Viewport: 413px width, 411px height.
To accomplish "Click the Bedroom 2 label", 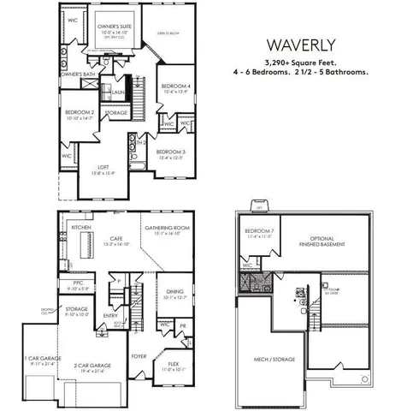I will tap(80, 113).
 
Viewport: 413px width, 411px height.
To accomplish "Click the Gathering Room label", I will tap(167, 228).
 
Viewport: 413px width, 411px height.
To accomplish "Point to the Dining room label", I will tap(174, 294).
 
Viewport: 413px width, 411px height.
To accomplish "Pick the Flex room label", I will tap(174, 363).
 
